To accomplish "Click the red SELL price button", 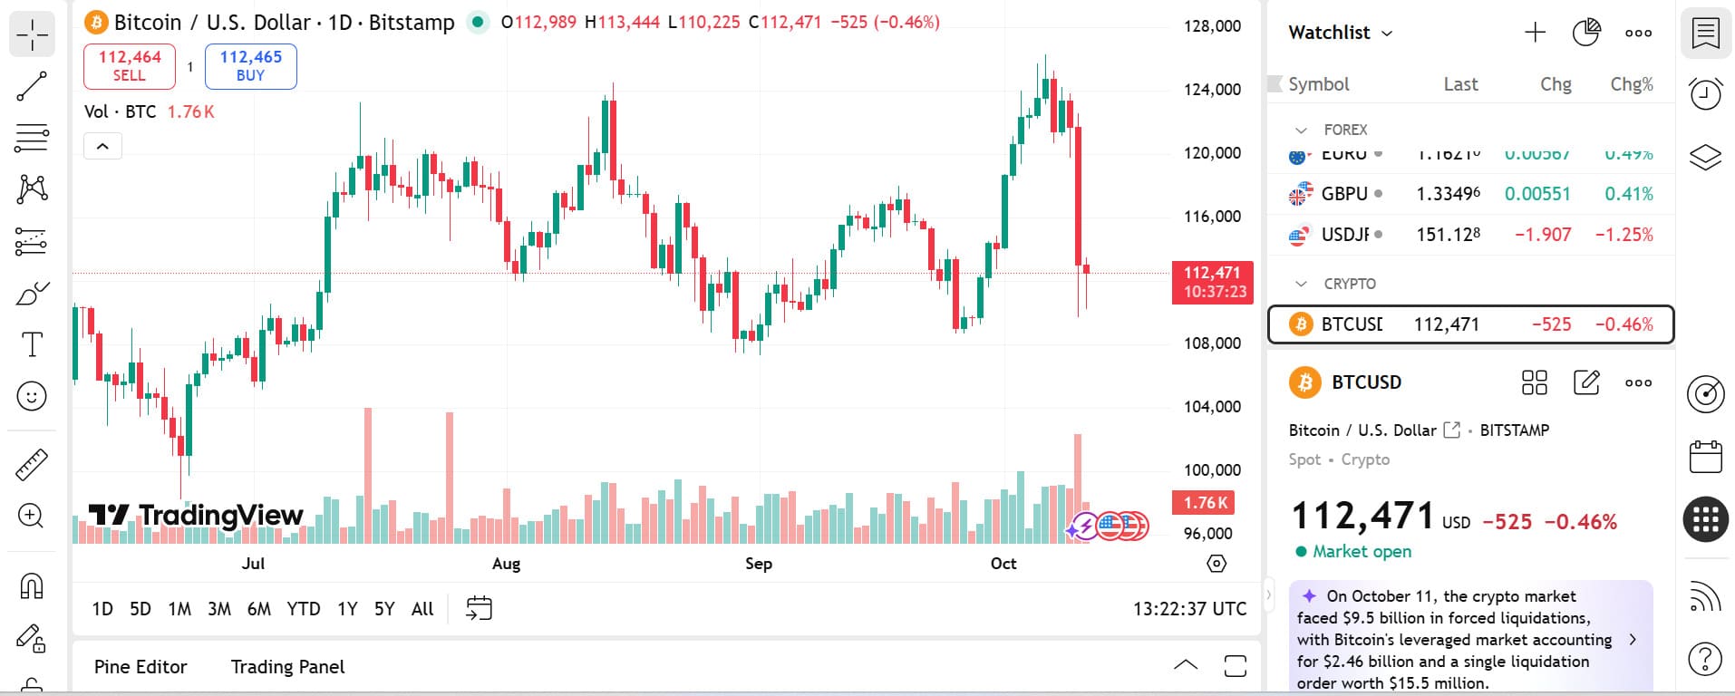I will pos(130,66).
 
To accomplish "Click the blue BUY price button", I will pos(251,66).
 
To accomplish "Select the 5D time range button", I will pos(141,609).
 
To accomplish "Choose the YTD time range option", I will pos(303,609).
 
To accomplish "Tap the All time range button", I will pos(422,609).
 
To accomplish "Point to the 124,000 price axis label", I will pos(1212,90).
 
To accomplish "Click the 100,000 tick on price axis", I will pos(1212,470).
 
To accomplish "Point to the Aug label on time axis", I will pos(506,564).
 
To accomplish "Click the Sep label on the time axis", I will pos(759,564).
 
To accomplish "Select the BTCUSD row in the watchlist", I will pos(1469,324).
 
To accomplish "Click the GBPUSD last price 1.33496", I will pos(1448,194).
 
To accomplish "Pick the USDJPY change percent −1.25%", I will pos(1624,235).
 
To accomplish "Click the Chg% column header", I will pos(1631,84).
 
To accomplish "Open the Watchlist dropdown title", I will pos(1340,33).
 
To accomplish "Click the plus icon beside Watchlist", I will pos(1535,33).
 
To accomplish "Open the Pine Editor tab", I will pos(141,667).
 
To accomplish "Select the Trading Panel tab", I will pos(287,667).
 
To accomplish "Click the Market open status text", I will pos(1362,552).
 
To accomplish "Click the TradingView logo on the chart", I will pos(196,516).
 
